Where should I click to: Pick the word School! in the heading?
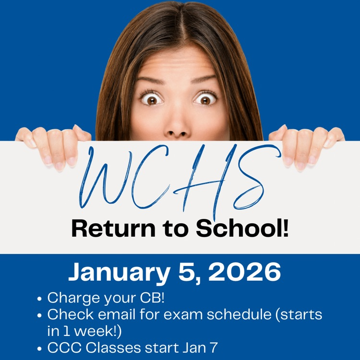242,228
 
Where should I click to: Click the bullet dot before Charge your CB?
39,299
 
